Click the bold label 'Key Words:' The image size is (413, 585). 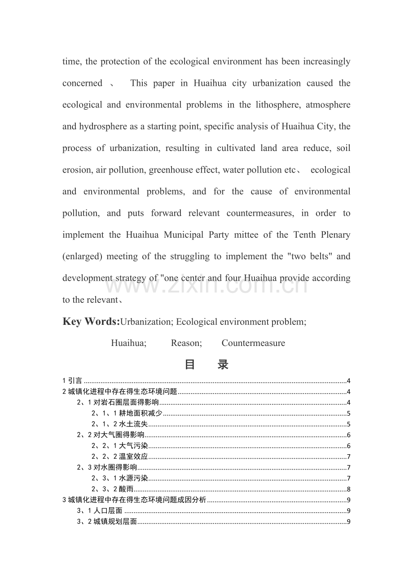(x=91, y=322)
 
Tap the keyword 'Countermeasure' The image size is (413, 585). (x=253, y=343)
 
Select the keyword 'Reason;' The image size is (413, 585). (x=186, y=343)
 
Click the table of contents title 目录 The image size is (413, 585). (x=206, y=364)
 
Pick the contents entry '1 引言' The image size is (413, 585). (x=72, y=381)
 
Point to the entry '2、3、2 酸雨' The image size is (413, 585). (x=112, y=489)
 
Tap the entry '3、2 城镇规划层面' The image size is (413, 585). (x=106, y=522)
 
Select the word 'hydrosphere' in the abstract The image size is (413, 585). (x=103, y=127)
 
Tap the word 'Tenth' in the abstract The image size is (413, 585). (x=305, y=235)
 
